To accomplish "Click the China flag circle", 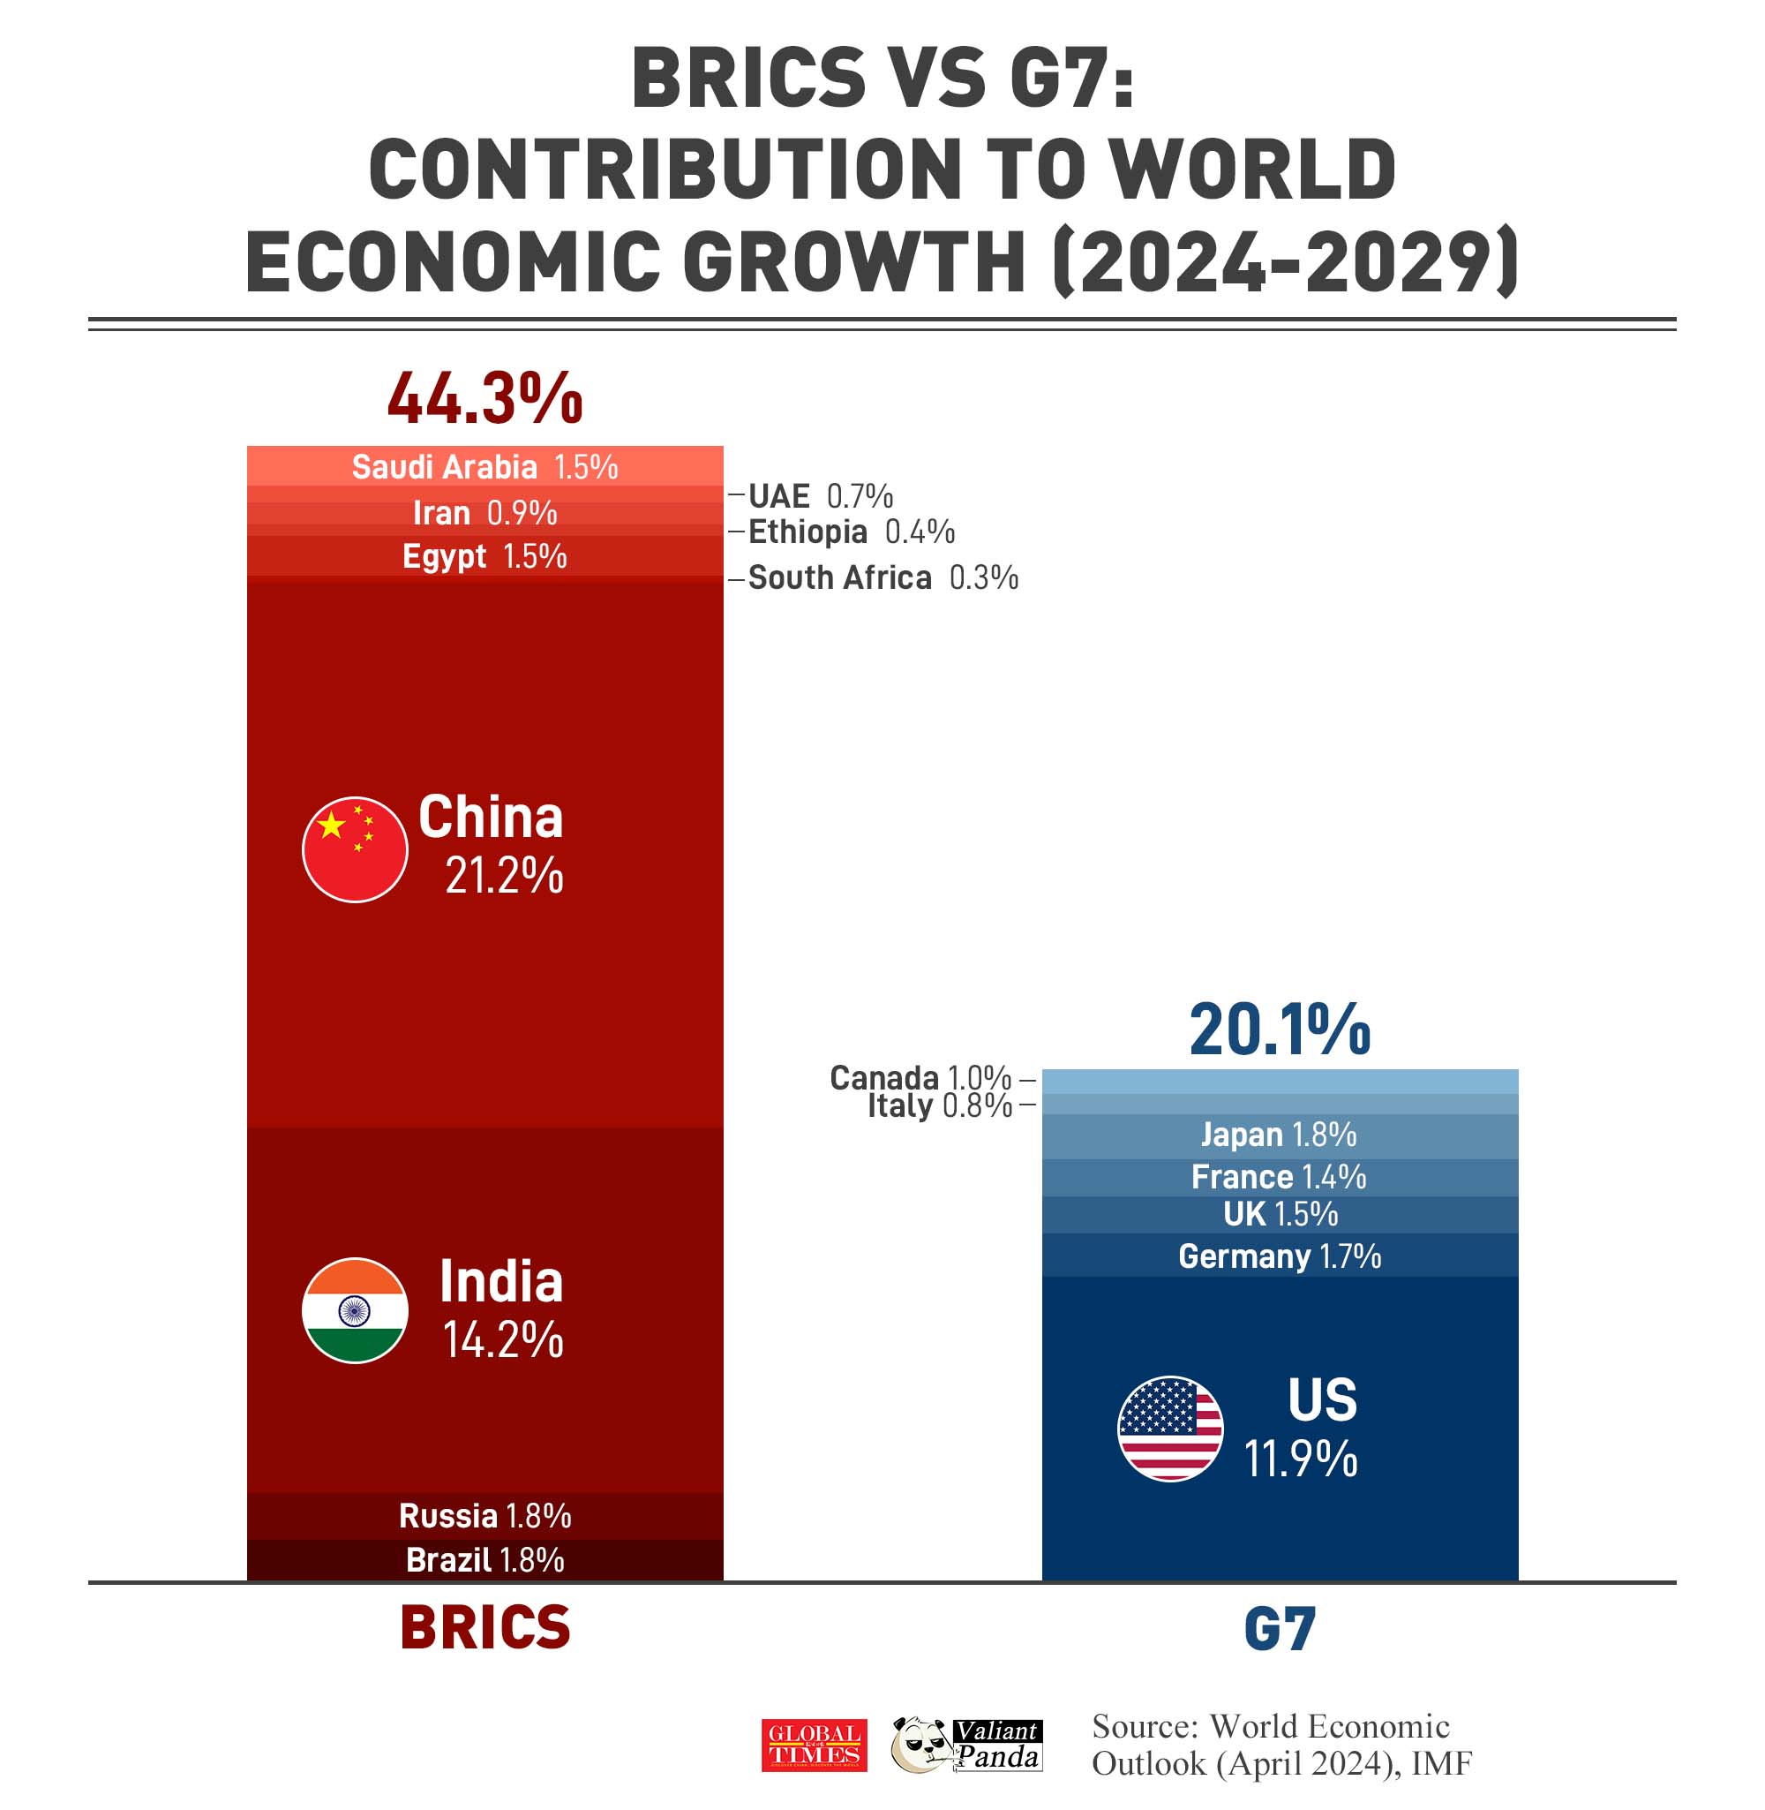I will (355, 848).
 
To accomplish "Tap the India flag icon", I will (355, 1309).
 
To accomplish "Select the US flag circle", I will (1170, 1428).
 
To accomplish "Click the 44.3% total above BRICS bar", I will (484, 399).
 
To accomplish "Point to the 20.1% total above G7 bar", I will (1280, 1029).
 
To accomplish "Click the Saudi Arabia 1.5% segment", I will (484, 466).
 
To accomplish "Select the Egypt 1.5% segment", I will (484, 556).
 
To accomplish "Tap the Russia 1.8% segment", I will (484, 1516).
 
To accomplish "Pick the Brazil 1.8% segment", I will (484, 1559).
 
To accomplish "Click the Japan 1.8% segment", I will (1280, 1135).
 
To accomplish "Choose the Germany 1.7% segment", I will (1280, 1256).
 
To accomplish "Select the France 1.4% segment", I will (1280, 1177).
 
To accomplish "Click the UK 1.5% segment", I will (1280, 1214).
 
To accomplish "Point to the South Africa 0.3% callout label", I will (882, 577).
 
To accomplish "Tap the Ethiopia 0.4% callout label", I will (851, 532).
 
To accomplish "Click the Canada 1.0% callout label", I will (920, 1077).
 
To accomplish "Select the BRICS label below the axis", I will (484, 1628).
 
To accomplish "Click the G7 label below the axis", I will (1280, 1630).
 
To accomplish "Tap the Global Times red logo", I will (814, 1745).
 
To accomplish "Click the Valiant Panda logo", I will (966, 1744).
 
